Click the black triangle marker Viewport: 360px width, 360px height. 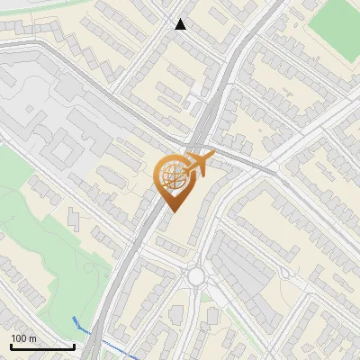coord(181,24)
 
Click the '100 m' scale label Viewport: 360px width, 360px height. coord(23,337)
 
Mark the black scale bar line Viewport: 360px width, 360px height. coord(42,346)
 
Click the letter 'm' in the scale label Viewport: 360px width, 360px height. coord(32,337)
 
